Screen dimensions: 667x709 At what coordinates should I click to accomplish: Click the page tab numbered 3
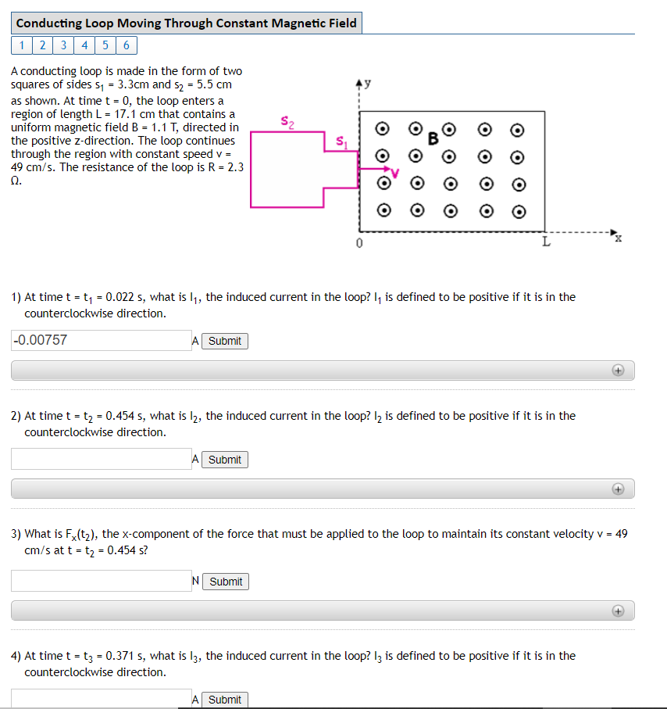[63, 45]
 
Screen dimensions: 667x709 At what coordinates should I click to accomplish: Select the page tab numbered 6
[127, 45]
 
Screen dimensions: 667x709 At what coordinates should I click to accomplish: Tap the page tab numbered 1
[22, 45]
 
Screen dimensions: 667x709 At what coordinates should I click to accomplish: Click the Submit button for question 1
[225, 341]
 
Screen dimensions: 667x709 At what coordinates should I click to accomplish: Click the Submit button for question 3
[226, 582]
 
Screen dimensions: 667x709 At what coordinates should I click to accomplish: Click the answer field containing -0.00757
[102, 341]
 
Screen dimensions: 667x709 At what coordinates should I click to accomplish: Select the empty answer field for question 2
[102, 459]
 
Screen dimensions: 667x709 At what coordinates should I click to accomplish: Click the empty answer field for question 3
[102, 581]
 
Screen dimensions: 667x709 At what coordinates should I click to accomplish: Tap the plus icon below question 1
[618, 371]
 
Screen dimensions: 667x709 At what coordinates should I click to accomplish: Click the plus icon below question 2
[618, 489]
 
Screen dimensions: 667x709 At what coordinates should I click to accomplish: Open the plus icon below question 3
[618, 611]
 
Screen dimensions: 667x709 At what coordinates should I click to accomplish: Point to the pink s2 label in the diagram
[287, 122]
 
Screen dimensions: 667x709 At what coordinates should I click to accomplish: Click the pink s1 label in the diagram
[342, 142]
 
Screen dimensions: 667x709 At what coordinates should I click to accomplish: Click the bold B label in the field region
[433, 139]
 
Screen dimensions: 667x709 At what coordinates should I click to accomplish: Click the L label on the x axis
[547, 242]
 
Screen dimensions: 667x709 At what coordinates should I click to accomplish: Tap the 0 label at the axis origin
[359, 243]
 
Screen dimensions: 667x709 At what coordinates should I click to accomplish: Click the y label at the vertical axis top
[367, 84]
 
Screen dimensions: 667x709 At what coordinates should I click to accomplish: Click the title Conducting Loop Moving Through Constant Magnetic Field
[186, 23]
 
